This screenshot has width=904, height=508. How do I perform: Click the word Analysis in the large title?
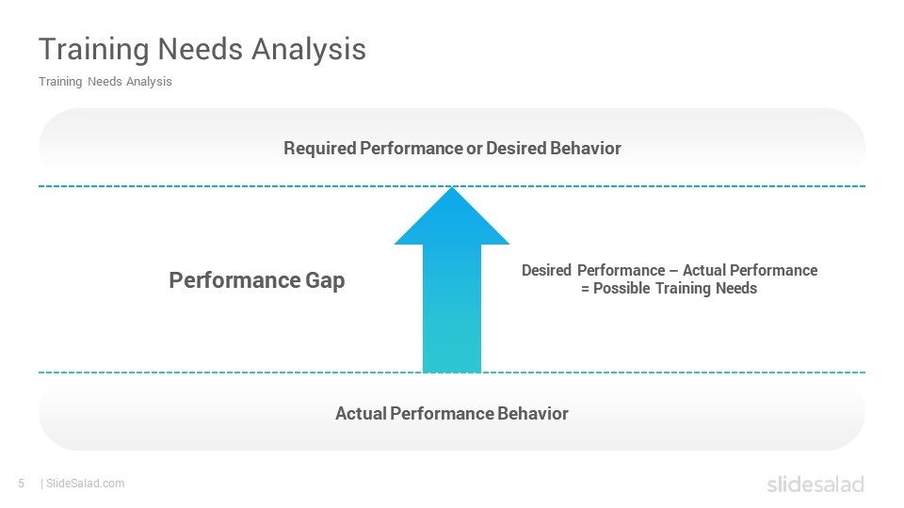coord(309,50)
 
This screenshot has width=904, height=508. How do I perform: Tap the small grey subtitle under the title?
coord(105,82)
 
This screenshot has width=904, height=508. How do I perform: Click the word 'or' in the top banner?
coord(475,149)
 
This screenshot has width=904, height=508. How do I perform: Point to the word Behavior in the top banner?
coord(585,148)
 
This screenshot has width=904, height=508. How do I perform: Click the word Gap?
coord(325,281)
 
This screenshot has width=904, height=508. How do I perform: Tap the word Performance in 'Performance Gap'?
coord(234,280)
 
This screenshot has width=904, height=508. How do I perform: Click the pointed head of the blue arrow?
coord(452,215)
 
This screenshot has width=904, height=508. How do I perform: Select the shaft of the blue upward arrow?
coord(452,309)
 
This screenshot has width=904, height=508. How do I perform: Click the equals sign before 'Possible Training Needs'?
coord(585,289)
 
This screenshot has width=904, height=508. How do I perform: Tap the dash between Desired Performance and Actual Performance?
coord(674,271)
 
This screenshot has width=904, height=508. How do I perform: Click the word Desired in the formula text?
coord(546,270)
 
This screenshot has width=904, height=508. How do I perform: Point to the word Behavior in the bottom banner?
coord(533,414)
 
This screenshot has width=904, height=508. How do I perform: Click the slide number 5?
coord(22,484)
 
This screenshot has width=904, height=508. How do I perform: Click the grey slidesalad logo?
coord(815,484)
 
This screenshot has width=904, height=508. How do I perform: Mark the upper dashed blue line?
coord(452,186)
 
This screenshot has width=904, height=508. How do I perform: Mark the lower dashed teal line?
coord(452,373)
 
